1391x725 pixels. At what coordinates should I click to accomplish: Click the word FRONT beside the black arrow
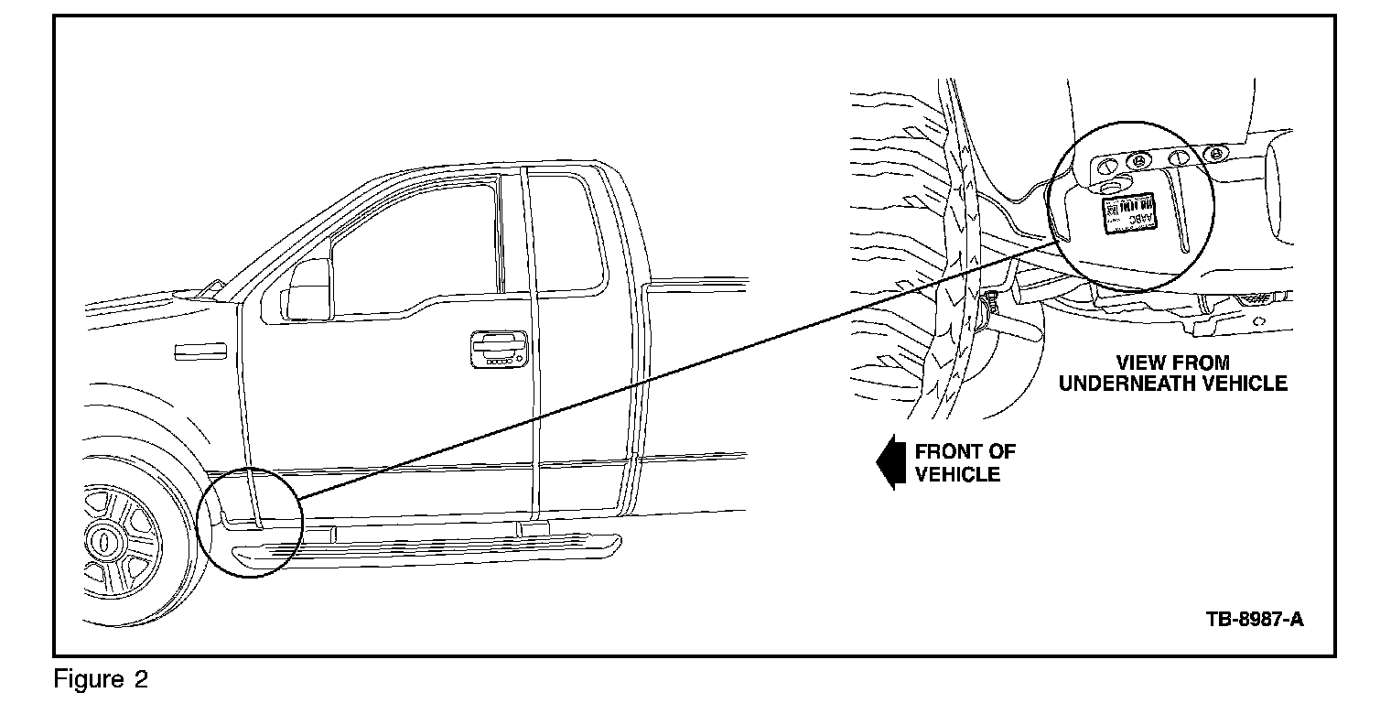click(x=965, y=451)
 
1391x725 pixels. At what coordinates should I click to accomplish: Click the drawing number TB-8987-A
click(x=1254, y=620)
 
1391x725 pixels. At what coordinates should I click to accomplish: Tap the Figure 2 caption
click(x=101, y=680)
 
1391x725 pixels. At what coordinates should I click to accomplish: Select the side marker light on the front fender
click(x=199, y=350)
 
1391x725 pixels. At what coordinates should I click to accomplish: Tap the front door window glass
click(x=412, y=247)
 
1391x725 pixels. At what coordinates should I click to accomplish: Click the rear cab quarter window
click(x=567, y=233)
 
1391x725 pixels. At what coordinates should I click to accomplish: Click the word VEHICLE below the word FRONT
click(x=958, y=474)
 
